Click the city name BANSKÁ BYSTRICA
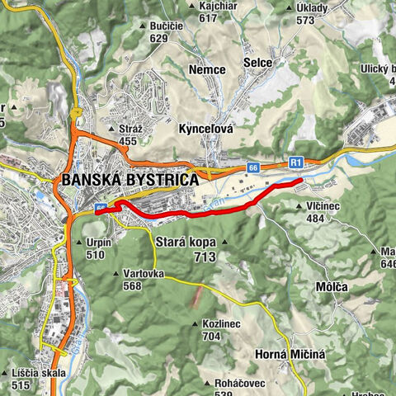(127, 180)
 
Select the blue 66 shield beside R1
(252, 167)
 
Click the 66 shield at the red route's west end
(101, 209)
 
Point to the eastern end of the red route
(301, 179)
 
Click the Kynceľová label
(206, 130)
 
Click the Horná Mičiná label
(286, 354)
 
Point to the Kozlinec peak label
(220, 324)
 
